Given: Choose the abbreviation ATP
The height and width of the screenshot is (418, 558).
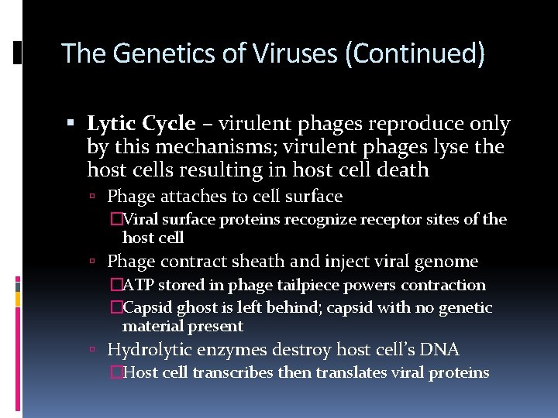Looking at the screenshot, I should point(139,285).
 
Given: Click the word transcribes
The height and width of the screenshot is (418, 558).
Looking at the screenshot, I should point(232,372).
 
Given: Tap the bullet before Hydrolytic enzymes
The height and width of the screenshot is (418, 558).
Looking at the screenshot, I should point(92,351).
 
